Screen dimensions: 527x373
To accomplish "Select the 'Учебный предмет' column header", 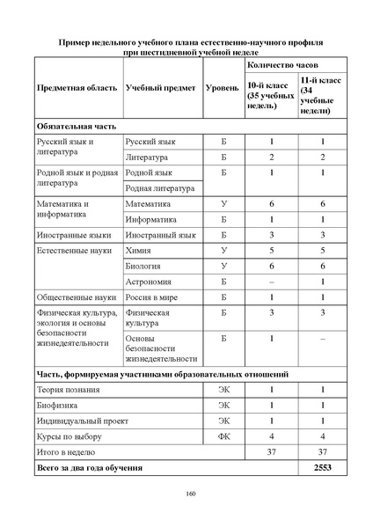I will pos(158,90).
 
